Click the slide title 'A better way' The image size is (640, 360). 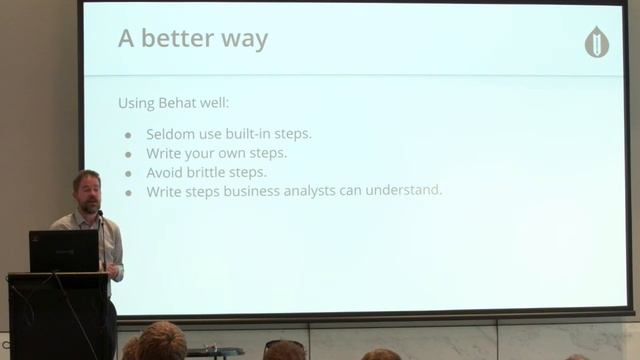pos(192,39)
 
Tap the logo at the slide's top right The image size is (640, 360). pos(596,42)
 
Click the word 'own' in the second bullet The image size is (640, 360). pos(233,153)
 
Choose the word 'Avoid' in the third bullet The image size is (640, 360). pos(167,172)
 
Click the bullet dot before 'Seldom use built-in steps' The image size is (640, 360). pos(128,135)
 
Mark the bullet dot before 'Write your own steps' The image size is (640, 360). pos(128,154)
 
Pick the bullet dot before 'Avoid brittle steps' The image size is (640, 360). pos(128,173)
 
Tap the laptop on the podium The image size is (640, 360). pos(63,251)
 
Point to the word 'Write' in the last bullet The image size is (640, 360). pos(165,190)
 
